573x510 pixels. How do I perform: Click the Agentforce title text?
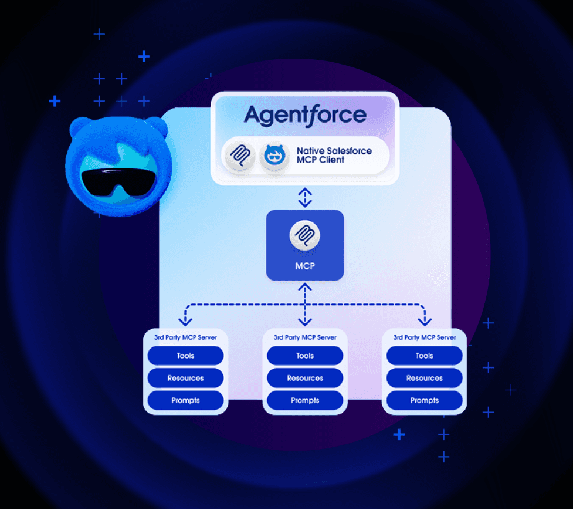pos(305,116)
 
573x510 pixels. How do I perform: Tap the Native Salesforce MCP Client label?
pos(334,156)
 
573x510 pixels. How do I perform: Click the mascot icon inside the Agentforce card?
pos(274,156)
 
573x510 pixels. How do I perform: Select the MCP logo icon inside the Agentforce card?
pos(240,156)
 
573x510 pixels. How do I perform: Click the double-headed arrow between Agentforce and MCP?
pos(305,197)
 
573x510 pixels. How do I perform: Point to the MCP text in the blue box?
pos(305,266)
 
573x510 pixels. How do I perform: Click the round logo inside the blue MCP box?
pos(305,235)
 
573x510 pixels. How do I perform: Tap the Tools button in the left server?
pos(186,356)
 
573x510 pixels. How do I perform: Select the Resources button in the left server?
pos(186,378)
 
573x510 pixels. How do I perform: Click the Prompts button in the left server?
pos(186,400)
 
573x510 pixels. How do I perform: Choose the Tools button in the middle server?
pos(305,356)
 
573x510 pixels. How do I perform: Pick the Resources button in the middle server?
pos(305,378)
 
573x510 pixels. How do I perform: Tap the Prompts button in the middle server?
pos(305,400)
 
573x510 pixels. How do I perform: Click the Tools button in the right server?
pos(424,356)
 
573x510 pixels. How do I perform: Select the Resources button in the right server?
pos(424,378)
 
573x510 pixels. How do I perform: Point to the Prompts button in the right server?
pos(424,400)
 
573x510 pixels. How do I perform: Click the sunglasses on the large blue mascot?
pos(118,182)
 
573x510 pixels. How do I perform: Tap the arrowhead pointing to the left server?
pos(185,322)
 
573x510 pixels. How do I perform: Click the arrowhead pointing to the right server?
pos(425,322)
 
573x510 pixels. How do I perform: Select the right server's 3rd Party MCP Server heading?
pos(424,337)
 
